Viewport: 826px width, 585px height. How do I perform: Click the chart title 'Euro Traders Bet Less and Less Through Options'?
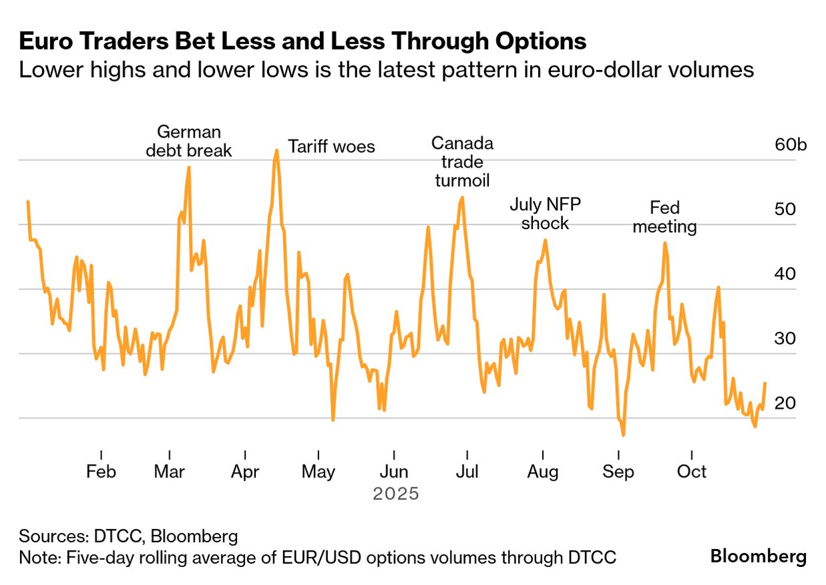click(x=302, y=41)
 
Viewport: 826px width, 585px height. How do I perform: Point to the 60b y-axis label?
click(x=791, y=144)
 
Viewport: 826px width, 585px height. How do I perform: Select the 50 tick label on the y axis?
click(x=785, y=209)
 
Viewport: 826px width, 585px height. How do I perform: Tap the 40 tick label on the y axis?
click(x=785, y=274)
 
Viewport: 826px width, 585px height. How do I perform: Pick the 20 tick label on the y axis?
click(x=785, y=403)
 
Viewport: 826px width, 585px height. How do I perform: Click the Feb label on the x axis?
click(x=101, y=472)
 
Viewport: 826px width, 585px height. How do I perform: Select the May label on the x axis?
click(x=319, y=472)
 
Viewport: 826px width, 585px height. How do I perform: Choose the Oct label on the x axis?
click(x=692, y=472)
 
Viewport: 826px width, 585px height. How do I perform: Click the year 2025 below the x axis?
click(x=396, y=494)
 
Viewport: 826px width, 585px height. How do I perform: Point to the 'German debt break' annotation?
click(x=188, y=141)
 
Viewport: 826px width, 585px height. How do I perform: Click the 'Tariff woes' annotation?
click(x=331, y=146)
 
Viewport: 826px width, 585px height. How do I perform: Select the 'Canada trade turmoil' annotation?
click(x=462, y=162)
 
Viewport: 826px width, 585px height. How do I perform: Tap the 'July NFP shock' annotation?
click(x=545, y=213)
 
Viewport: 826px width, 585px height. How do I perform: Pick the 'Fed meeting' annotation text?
click(x=664, y=217)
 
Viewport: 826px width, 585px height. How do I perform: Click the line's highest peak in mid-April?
click(x=276, y=150)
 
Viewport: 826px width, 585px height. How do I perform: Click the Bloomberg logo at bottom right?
click(x=758, y=556)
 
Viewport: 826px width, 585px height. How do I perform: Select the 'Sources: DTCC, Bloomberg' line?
click(x=128, y=536)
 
